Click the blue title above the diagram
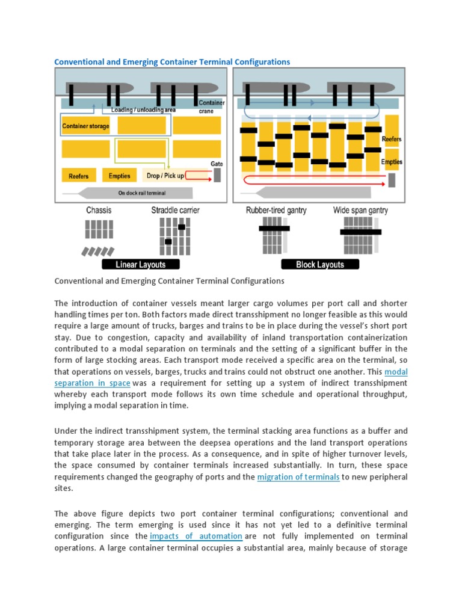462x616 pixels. click(172, 61)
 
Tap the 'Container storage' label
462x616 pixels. click(85, 126)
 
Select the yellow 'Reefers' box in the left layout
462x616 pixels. click(79, 176)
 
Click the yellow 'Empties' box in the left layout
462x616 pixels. click(120, 176)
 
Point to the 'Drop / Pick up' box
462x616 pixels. click(165, 176)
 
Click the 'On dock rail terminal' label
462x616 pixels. click(142, 193)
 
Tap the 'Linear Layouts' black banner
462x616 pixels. click(133, 264)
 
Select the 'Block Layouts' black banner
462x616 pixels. click(320, 264)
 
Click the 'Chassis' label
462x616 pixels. click(99, 211)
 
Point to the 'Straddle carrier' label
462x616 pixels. click(176, 211)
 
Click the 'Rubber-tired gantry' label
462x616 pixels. click(276, 211)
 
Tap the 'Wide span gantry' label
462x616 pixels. click(360, 211)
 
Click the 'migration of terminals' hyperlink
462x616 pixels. click(298, 477)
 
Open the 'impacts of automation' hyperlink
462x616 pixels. click(196, 536)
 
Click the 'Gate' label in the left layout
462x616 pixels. click(217, 164)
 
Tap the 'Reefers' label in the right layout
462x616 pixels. click(392, 139)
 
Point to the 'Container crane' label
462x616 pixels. click(211, 106)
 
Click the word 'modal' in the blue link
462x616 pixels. click(396, 372)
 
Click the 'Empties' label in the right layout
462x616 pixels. click(392, 162)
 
